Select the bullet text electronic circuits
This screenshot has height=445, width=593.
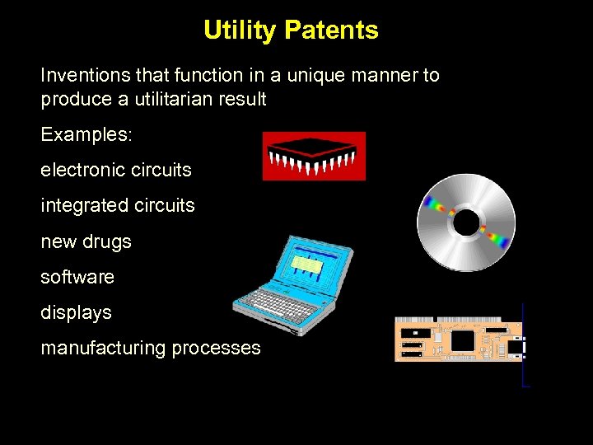click(x=116, y=171)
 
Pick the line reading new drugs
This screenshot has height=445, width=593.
click(x=86, y=242)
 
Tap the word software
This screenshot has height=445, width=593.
click(x=77, y=278)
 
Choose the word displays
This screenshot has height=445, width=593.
click(x=76, y=313)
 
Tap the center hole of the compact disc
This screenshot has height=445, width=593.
click(x=466, y=222)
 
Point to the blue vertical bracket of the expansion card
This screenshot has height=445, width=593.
click(x=524, y=346)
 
